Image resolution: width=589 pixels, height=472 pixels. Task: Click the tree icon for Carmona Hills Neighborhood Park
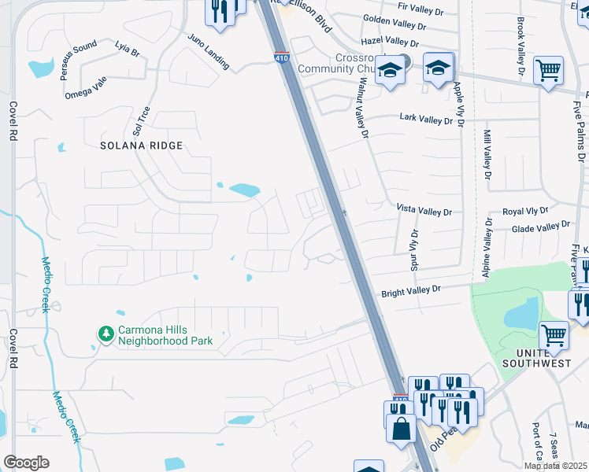[106, 334]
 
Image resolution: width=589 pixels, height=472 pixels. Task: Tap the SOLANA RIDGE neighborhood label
[142, 146]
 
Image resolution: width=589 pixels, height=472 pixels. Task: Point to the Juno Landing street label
[208, 52]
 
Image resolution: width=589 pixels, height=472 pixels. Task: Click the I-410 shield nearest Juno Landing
[281, 57]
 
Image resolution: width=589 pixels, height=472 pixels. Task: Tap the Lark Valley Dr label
[426, 120]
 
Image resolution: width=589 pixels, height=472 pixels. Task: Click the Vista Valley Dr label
[424, 212]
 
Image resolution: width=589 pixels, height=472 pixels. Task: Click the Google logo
[26, 463]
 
